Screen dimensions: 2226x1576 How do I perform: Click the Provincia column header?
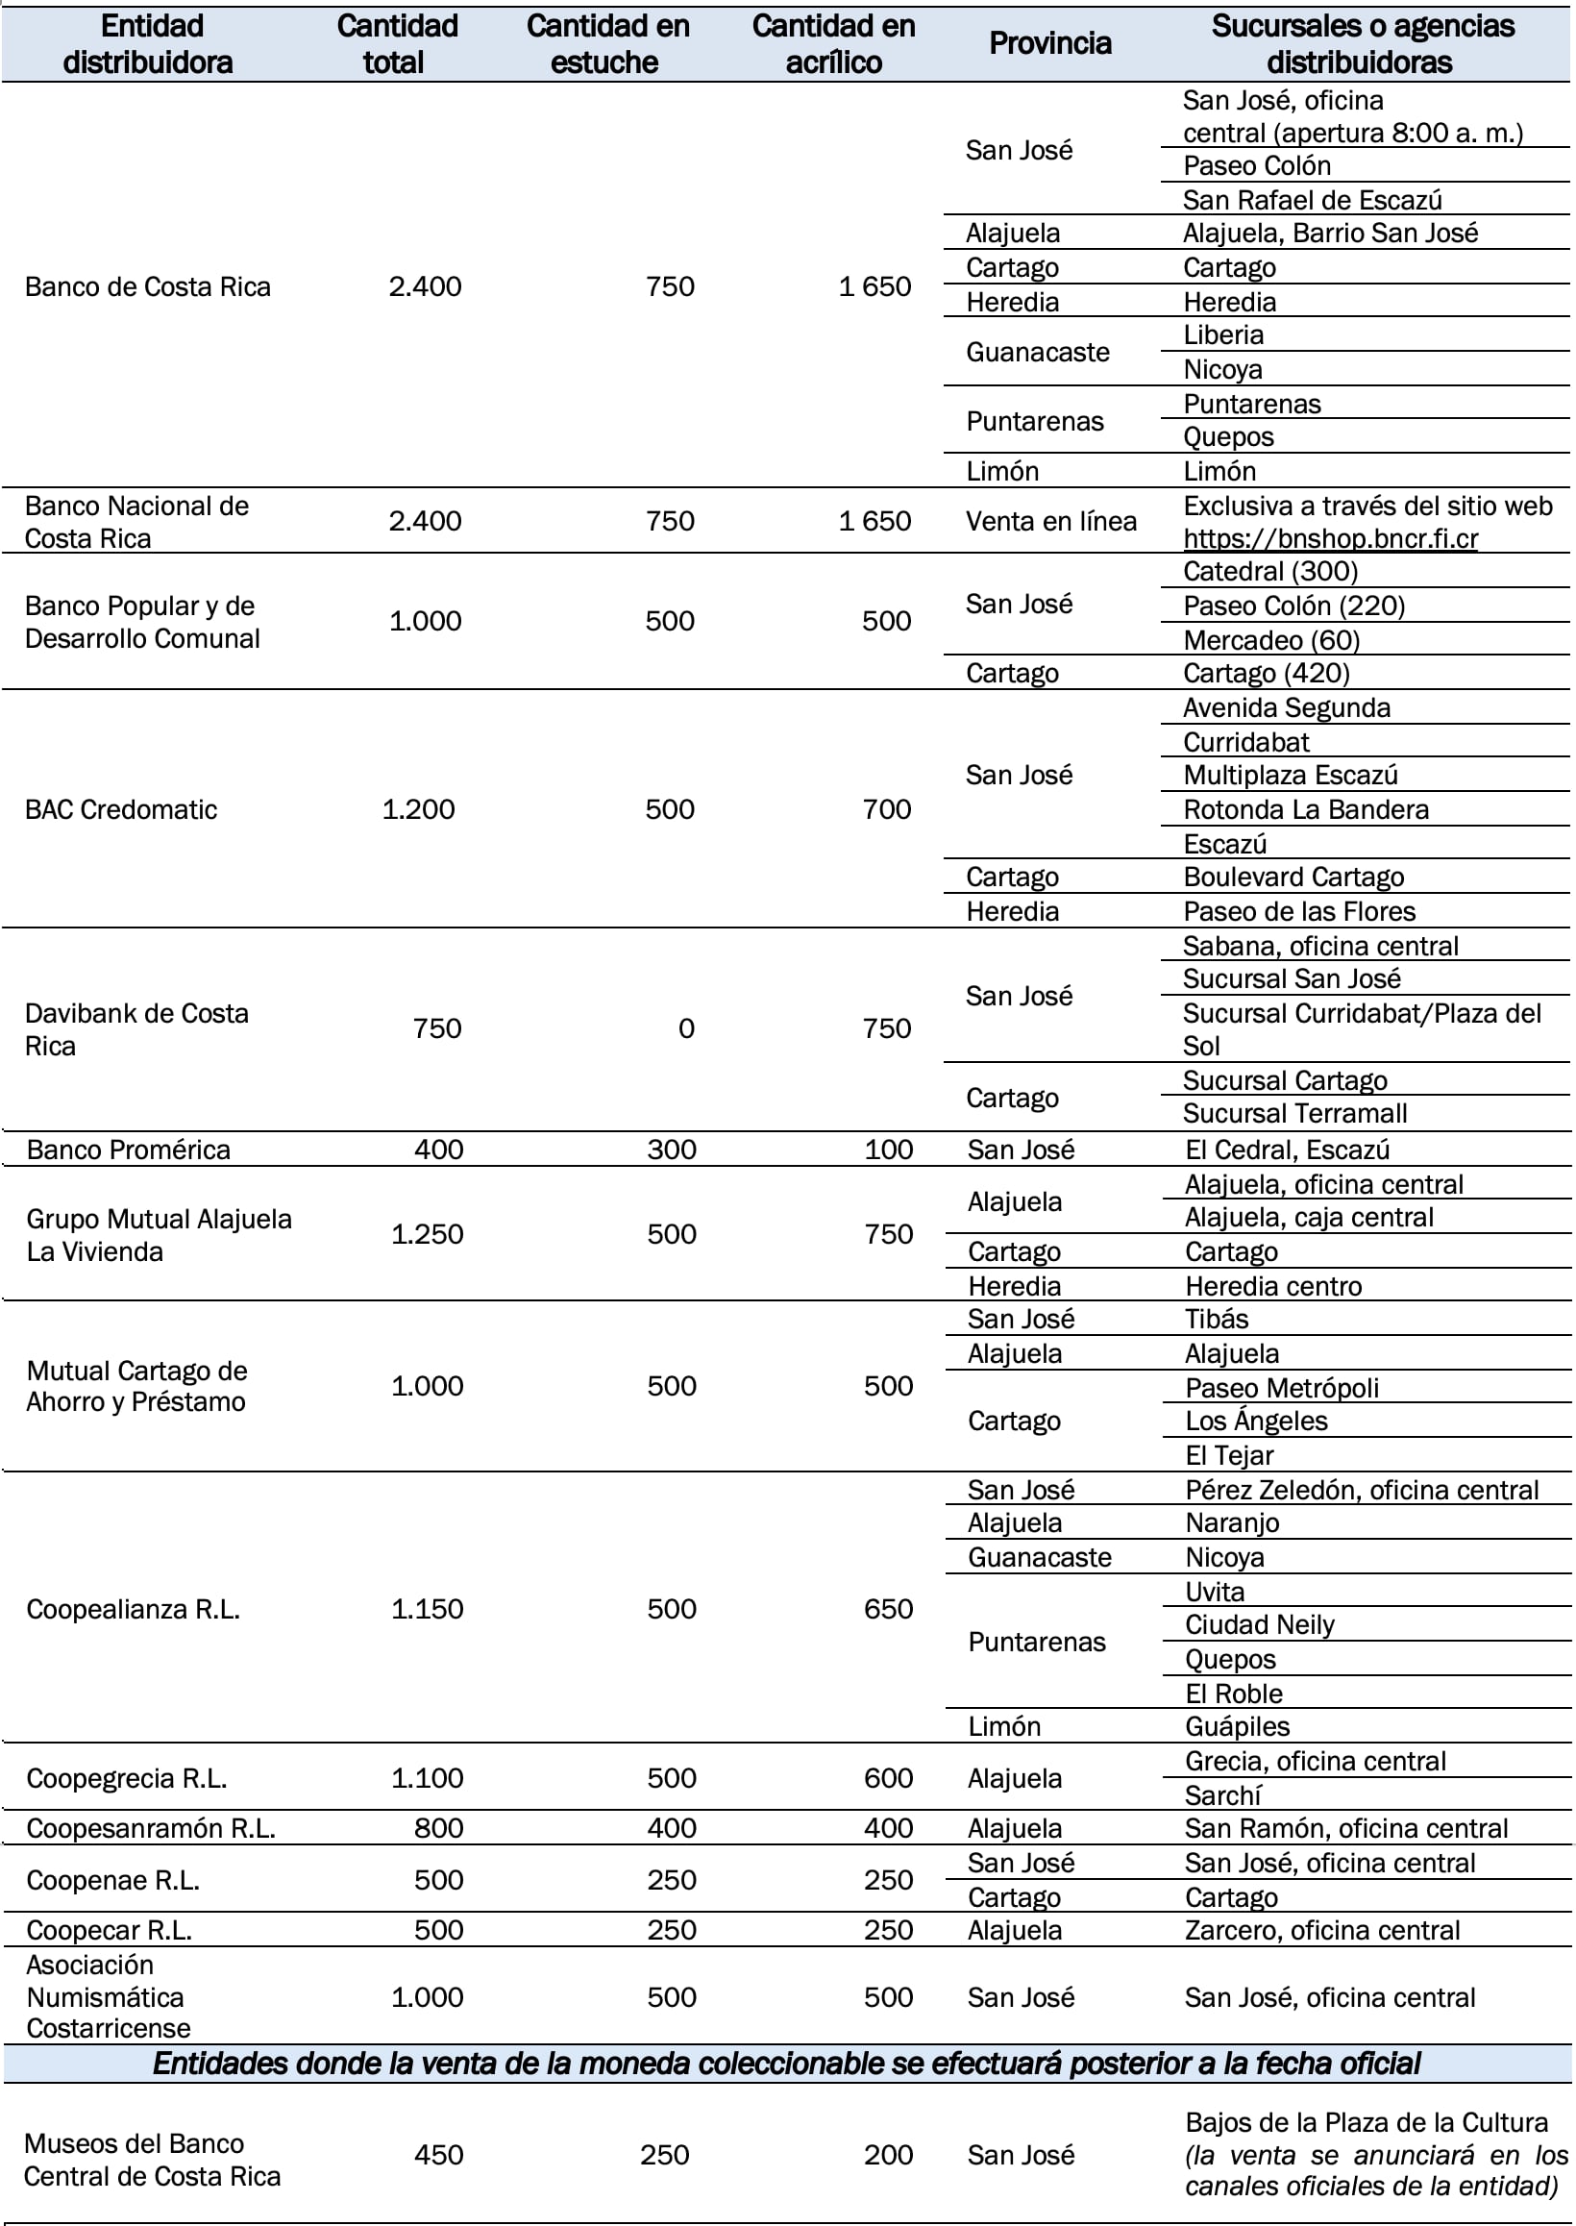[x=1049, y=43]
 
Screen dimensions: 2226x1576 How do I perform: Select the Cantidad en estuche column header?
[x=607, y=43]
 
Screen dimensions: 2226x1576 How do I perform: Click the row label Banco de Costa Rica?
[x=147, y=287]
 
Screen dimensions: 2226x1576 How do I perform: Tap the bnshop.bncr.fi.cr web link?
[x=1329, y=538]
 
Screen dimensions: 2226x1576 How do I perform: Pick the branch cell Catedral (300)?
[x=1269, y=572]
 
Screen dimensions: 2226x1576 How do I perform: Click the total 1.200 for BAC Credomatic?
[x=418, y=809]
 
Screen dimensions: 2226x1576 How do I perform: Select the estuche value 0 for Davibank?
[x=685, y=1028]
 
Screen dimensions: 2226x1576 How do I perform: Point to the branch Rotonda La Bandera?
[x=1305, y=809]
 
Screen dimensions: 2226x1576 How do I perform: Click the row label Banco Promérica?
[x=128, y=1150]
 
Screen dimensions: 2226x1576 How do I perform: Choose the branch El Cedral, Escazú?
[x=1287, y=1150]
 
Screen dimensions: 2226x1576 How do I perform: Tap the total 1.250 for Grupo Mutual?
[x=427, y=1234]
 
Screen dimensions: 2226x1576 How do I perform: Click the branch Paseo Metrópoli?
[x=1281, y=1388]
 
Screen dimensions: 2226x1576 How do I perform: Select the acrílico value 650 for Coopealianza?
[x=888, y=1609]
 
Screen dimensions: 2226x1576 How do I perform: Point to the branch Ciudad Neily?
[x=1259, y=1624]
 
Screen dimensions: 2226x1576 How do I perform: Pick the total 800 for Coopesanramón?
[x=437, y=1828]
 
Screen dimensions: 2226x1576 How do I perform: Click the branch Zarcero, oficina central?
[x=1321, y=1930]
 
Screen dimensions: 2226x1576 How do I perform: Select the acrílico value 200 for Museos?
[x=888, y=2155]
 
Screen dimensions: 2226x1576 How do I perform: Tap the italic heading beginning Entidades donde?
[x=786, y=2063]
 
